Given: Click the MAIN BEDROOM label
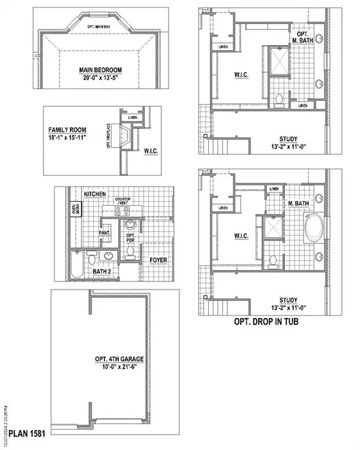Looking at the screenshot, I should (100, 70).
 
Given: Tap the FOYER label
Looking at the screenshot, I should (158, 260).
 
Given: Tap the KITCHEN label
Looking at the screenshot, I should (95, 194).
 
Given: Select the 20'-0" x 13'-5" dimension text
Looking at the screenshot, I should (100, 78).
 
